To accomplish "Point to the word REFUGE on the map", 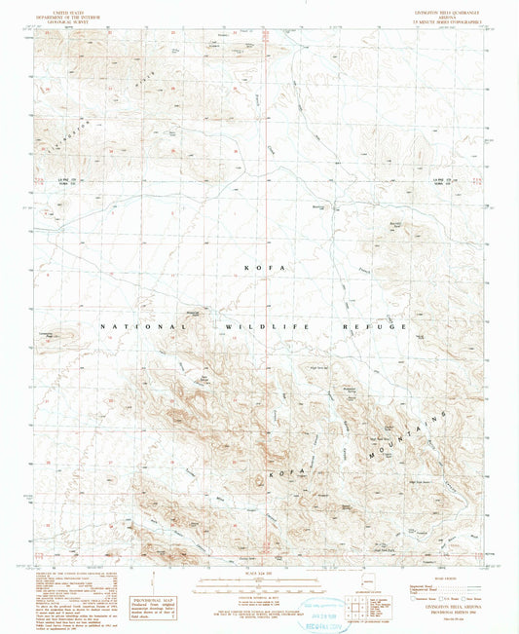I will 380,327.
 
